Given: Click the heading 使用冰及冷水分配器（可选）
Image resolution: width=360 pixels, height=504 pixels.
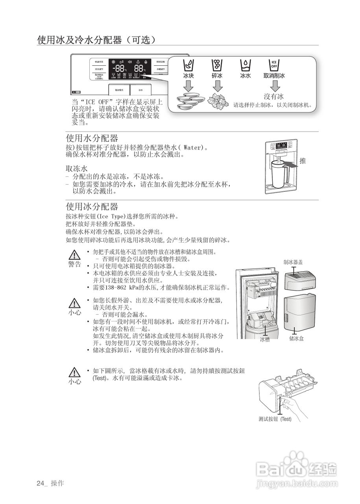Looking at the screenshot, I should pyautogui.click(x=97, y=40).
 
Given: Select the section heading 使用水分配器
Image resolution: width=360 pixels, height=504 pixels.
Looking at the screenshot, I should pyautogui.click(x=92, y=138).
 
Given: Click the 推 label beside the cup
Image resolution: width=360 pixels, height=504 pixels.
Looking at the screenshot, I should pyautogui.click(x=303, y=161).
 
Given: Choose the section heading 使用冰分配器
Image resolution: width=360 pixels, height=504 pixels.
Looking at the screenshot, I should pyautogui.click(x=92, y=207).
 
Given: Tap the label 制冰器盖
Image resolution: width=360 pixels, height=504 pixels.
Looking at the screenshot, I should pyautogui.click(x=293, y=262).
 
